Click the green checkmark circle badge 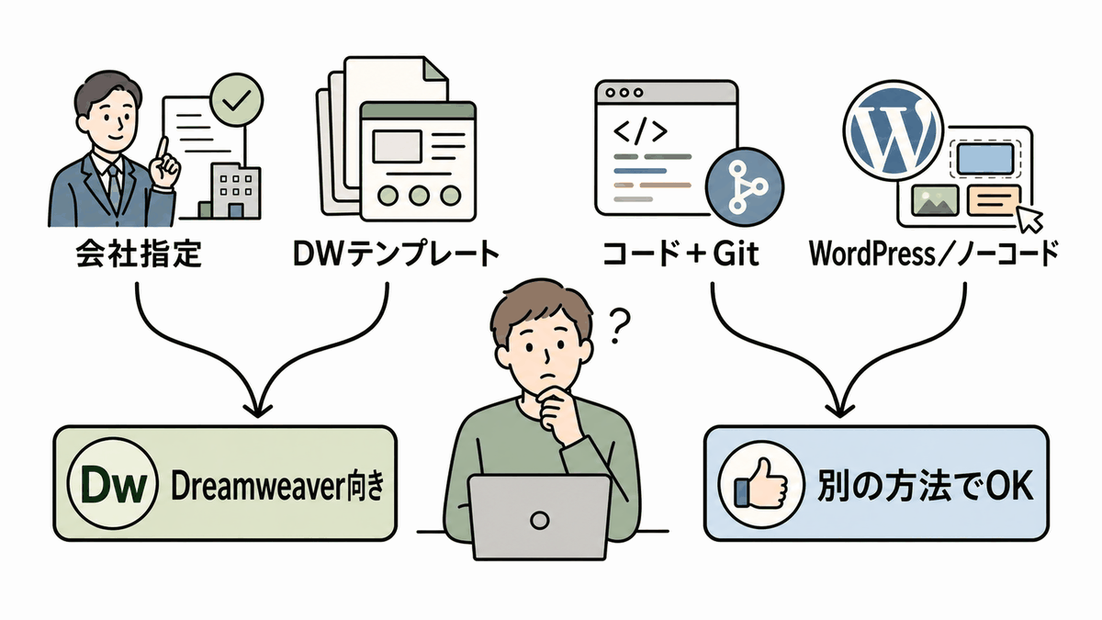237,100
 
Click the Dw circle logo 113,484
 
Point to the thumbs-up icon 760,484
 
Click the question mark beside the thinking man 618,326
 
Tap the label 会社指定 139,254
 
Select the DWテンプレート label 397,254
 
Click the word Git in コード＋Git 736,254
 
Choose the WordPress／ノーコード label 934,254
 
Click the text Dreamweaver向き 277,485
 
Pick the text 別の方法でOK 925,485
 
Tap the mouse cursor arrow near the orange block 1029,220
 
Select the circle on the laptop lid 540,520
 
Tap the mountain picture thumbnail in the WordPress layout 935,200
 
